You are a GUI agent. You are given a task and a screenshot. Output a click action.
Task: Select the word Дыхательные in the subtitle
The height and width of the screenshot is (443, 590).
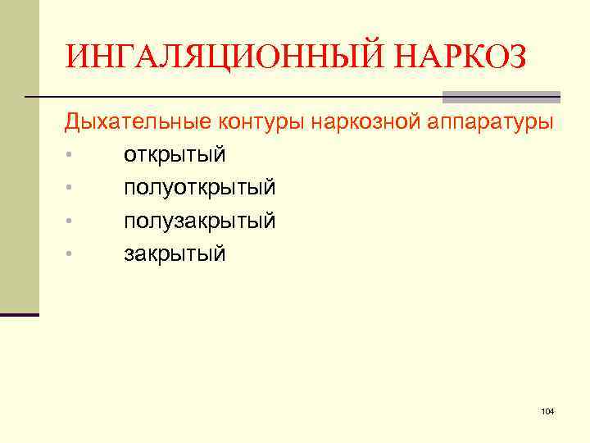(138, 122)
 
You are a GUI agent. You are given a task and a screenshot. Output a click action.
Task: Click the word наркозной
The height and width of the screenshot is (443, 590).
(374, 122)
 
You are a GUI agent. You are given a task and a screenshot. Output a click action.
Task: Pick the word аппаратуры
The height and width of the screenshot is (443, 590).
(492, 122)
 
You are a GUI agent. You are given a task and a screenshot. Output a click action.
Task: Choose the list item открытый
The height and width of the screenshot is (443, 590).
(175, 155)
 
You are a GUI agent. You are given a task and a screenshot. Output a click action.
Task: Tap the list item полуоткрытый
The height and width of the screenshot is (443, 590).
(200, 188)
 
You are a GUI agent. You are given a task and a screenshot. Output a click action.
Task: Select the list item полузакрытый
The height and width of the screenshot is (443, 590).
(200, 221)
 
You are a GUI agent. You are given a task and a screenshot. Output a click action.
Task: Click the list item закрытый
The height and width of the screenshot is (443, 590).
(175, 253)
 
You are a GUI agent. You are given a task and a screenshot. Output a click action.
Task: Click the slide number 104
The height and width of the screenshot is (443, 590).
(548, 409)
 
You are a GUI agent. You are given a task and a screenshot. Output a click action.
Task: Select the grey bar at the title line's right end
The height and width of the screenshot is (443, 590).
(501, 96)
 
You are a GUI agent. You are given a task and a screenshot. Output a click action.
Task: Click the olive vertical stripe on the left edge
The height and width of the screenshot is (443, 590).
(19, 156)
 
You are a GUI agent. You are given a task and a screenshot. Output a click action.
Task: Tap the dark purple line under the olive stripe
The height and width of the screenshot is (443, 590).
(19, 314)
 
